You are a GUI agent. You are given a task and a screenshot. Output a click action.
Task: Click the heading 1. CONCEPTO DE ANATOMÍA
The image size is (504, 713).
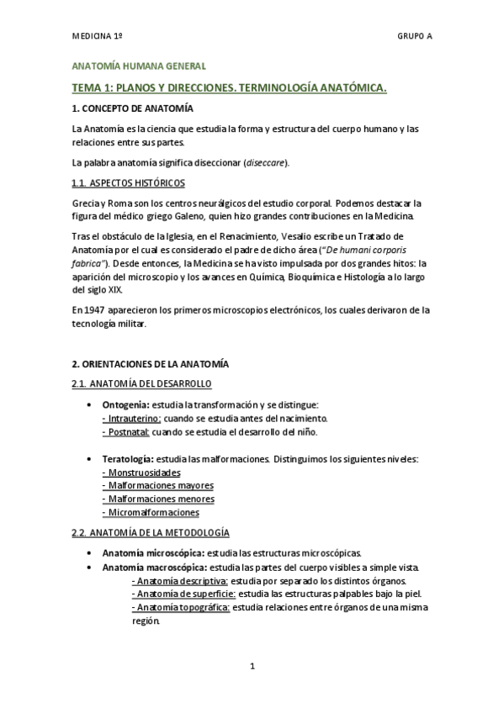pyautogui.click(x=133, y=109)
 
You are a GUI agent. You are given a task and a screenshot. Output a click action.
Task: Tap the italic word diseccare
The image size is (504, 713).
pyautogui.click(x=265, y=162)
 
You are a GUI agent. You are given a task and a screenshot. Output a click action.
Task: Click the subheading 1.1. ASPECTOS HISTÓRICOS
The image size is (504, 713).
pyautogui.click(x=129, y=182)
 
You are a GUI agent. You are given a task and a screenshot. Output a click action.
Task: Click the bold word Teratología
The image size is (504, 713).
pyautogui.click(x=128, y=459)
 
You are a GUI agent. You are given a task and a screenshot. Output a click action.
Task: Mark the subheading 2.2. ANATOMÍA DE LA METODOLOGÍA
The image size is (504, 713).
pyautogui.click(x=151, y=533)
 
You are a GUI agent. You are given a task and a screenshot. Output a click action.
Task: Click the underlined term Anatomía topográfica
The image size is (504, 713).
pyautogui.click(x=180, y=607)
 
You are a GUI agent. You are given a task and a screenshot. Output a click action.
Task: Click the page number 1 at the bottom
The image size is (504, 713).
pyautogui.click(x=252, y=667)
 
